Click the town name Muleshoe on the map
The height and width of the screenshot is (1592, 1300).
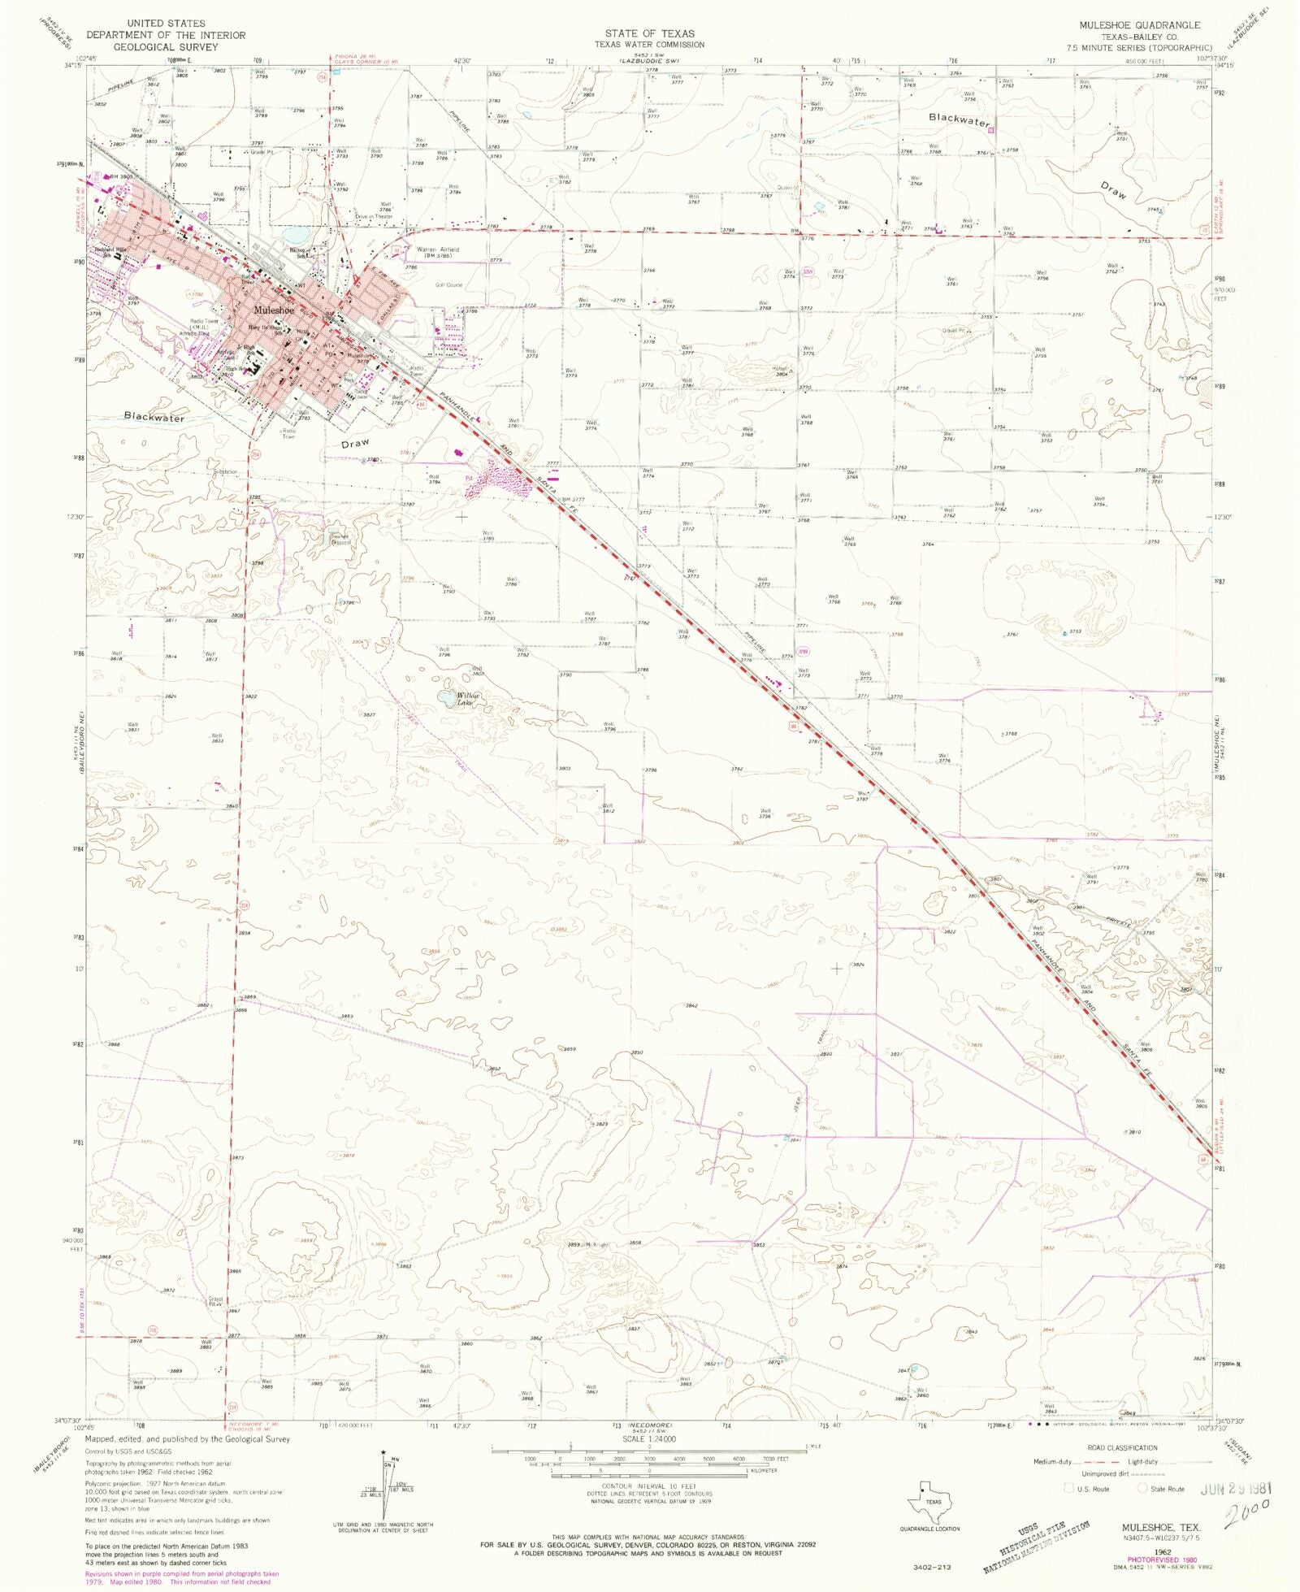point(272,310)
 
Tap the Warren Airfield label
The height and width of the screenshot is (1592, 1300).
point(438,249)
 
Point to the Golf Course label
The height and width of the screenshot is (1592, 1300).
point(448,285)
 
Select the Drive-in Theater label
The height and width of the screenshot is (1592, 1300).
point(374,217)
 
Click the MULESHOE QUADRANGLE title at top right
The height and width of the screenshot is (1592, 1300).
point(1139,25)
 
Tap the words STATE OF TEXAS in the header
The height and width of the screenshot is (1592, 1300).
point(649,33)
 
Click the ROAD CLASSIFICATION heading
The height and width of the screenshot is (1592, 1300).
point(1122,1447)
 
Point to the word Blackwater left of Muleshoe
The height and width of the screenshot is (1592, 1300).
point(154,417)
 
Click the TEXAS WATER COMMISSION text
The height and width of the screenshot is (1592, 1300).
point(649,45)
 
